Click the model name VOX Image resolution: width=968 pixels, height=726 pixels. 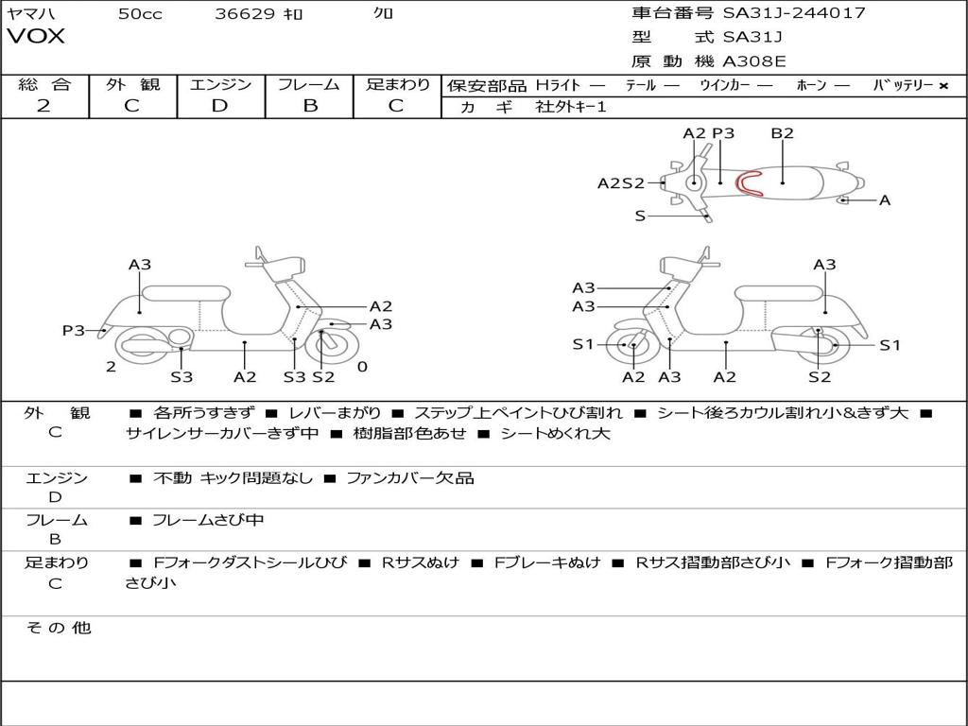tap(37, 37)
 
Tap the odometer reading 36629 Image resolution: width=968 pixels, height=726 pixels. tap(245, 14)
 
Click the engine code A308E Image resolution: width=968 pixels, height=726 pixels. tap(754, 62)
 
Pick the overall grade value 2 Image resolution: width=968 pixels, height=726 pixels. tap(43, 106)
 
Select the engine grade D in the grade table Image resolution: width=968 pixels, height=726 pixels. tap(220, 106)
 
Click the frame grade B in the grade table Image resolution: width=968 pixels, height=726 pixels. tap(309, 106)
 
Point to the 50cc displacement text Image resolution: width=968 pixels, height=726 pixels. tap(140, 14)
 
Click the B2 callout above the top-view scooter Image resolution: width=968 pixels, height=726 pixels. tap(782, 133)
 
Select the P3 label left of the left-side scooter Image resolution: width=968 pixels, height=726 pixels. tap(74, 330)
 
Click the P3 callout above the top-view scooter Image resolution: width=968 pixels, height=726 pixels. tap(723, 133)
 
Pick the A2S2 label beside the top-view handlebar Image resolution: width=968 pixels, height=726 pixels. tap(620, 183)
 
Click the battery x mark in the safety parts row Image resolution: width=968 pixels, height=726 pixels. tap(942, 86)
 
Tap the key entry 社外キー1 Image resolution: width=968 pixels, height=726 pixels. tap(571, 107)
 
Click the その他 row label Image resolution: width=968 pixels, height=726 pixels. tap(58, 628)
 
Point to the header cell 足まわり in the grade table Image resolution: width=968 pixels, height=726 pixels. tap(398, 85)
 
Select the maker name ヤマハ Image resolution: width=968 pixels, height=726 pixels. tap(28, 14)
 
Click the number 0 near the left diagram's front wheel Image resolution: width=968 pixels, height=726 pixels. tap(362, 367)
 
